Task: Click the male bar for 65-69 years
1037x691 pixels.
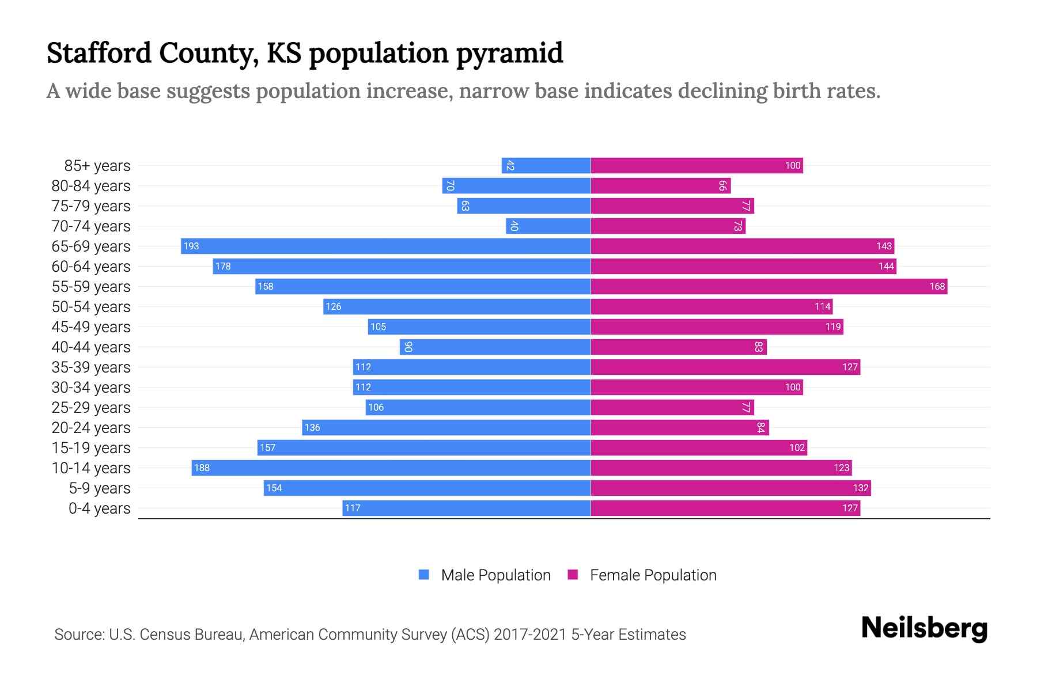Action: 385,246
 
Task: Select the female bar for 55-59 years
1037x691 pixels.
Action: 769,286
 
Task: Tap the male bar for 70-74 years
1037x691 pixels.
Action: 548,226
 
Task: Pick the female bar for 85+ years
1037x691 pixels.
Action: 697,165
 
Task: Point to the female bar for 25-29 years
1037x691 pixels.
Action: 672,407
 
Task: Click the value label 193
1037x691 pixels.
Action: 191,246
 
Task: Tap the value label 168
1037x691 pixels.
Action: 937,286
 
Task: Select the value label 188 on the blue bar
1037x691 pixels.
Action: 202,468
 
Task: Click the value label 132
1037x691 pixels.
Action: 860,488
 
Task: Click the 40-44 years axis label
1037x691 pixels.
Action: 91,347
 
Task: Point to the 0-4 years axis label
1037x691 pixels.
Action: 99,508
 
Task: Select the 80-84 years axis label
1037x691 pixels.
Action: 91,186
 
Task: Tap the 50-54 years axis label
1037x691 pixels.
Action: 91,307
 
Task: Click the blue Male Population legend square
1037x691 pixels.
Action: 424,575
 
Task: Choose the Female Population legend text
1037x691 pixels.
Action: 653,575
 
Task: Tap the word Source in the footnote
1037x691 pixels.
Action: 78,635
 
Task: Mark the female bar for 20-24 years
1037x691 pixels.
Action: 679,427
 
